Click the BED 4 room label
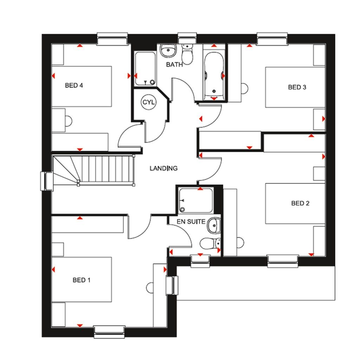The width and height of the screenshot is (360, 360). pos(73,85)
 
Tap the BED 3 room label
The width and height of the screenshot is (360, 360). pos(297,87)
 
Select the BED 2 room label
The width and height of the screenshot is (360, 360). pos(300,203)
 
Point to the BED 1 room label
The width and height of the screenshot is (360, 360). pos(82,280)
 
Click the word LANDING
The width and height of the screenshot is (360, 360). pos(163,168)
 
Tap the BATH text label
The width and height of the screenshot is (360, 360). pos(175,65)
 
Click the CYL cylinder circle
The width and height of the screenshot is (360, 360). pos(148,102)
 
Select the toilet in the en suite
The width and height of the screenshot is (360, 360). pos(210,243)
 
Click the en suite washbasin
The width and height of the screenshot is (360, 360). pos(214,225)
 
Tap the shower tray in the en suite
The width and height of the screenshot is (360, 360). pos(195,200)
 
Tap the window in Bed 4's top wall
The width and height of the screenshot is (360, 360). pos(112,39)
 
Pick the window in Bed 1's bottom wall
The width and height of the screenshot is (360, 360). pos(109,331)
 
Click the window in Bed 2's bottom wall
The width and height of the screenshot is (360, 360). pos(283,261)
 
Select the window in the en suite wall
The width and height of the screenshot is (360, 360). pos(200,261)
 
